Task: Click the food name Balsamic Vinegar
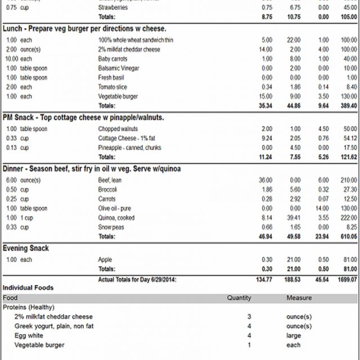[118, 68]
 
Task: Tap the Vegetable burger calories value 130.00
[349, 96]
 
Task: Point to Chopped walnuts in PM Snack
[117, 129]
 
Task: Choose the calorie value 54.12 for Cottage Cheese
[349, 138]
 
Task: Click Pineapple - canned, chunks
[129, 147]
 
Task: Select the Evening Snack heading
[26, 248]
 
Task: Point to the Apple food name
[105, 259]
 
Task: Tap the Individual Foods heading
[28, 287]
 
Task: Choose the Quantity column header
[239, 298]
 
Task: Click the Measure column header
[299, 298]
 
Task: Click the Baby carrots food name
[113, 58]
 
